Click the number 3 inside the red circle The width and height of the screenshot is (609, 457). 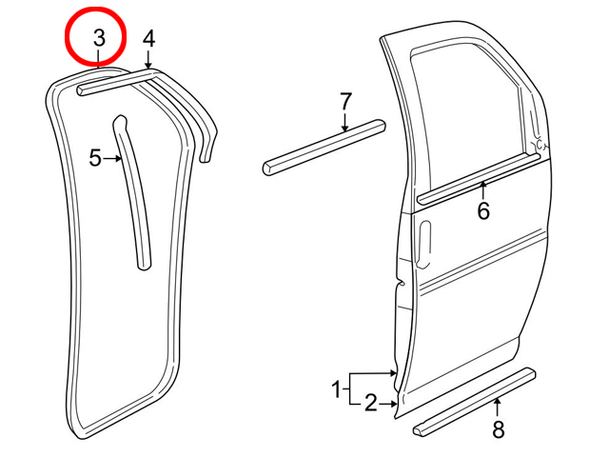pyautogui.click(x=99, y=38)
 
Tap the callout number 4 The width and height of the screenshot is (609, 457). pyautogui.click(x=148, y=39)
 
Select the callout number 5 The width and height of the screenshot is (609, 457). pyautogui.click(x=95, y=158)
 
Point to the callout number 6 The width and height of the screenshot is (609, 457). pyautogui.click(x=483, y=211)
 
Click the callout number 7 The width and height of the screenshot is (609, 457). pyautogui.click(x=345, y=102)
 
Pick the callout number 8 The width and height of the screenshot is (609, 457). pyautogui.click(x=499, y=429)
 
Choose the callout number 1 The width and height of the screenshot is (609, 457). pyautogui.click(x=337, y=389)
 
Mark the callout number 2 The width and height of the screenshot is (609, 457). pyautogui.click(x=371, y=403)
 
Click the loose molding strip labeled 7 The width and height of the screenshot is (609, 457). pyautogui.click(x=324, y=148)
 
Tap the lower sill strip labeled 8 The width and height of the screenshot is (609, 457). pyautogui.click(x=474, y=402)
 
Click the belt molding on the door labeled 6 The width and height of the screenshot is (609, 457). pyautogui.click(x=479, y=178)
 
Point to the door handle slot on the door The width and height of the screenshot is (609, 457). pyautogui.click(x=424, y=244)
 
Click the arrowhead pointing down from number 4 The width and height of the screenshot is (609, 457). pyautogui.click(x=148, y=66)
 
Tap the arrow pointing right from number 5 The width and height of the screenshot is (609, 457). pyautogui.click(x=112, y=159)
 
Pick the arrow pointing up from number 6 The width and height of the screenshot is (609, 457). pyautogui.click(x=483, y=191)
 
